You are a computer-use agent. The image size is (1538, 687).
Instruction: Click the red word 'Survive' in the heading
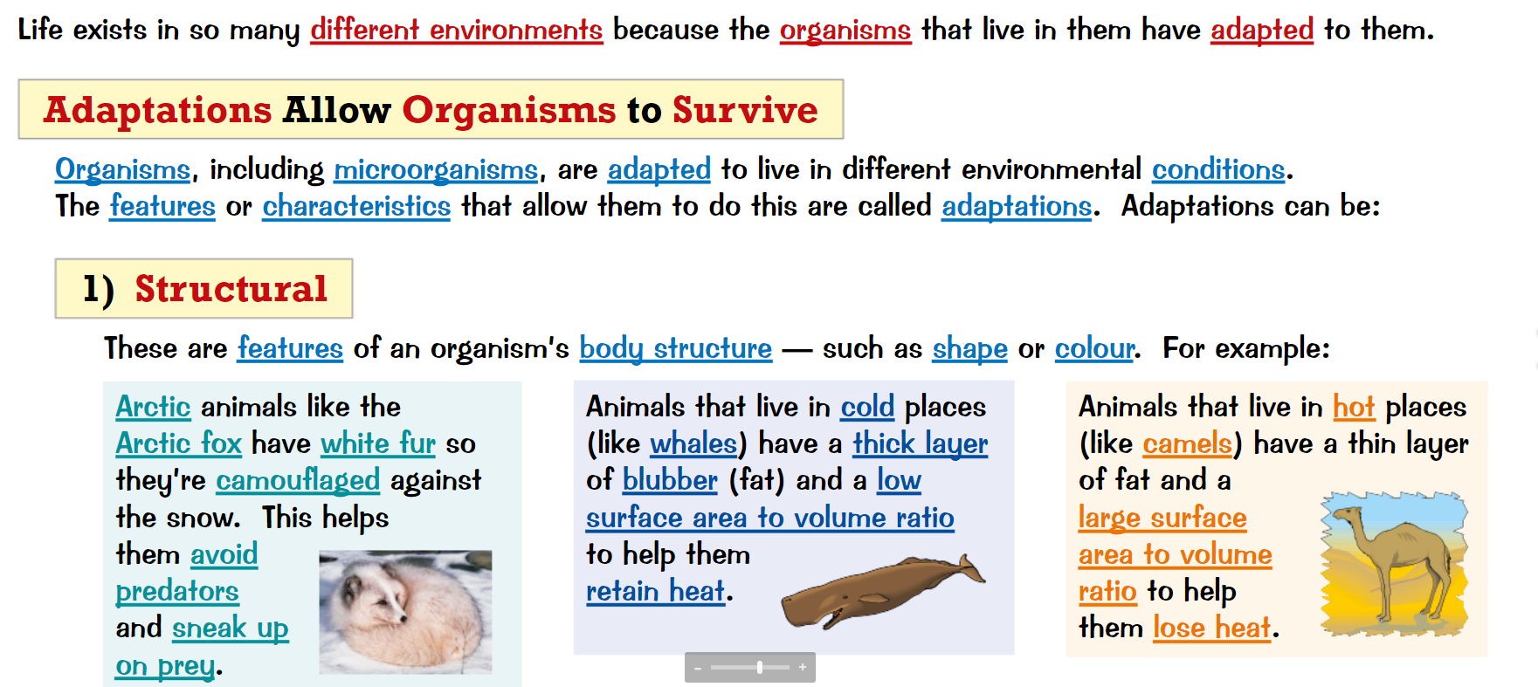[x=745, y=110]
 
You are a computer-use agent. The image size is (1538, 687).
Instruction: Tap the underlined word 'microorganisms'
[x=436, y=169]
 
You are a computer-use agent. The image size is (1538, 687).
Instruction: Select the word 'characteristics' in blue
[x=356, y=206]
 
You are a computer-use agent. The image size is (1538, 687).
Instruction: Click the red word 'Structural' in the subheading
[x=231, y=289]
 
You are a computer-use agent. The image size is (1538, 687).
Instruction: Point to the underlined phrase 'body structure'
[x=676, y=348]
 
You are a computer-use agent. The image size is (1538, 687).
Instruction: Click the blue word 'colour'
[x=1094, y=348]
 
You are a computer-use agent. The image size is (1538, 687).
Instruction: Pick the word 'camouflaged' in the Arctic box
[x=298, y=480]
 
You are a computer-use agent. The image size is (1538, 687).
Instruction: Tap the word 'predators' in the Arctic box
[x=177, y=591]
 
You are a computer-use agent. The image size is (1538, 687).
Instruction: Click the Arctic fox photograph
[x=405, y=612]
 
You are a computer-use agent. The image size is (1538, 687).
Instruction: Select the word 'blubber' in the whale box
[x=670, y=480]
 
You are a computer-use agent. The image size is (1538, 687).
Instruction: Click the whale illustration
[x=883, y=591]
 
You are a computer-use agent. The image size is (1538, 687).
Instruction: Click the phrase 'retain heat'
[x=656, y=591]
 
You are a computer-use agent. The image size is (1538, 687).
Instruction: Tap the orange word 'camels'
[x=1188, y=443]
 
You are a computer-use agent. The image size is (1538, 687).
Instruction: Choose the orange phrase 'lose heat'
[x=1212, y=628]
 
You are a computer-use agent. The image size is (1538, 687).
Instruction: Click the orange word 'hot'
[x=1354, y=407]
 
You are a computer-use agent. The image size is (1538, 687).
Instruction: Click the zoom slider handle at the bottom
[x=760, y=668]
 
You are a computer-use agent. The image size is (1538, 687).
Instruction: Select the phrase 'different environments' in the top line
[x=457, y=30]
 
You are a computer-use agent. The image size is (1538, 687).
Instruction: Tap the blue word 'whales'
[x=693, y=443]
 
